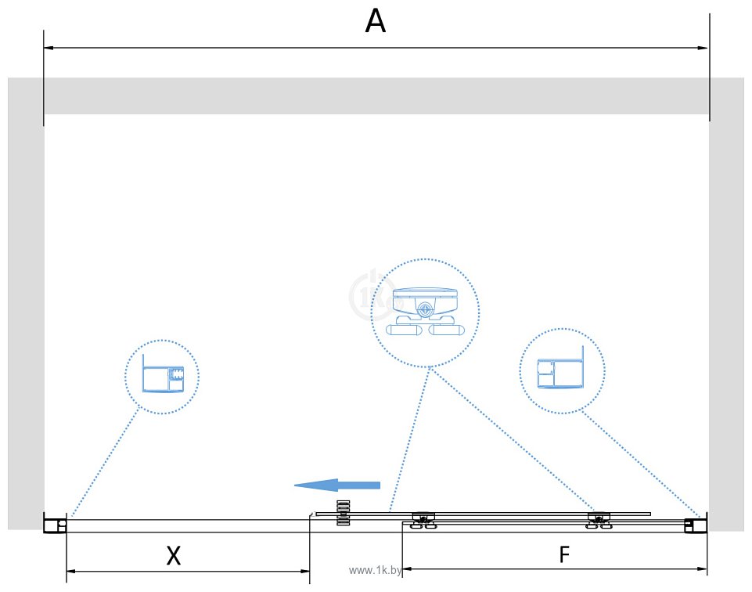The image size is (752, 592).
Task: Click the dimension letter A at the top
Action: pyautogui.click(x=376, y=21)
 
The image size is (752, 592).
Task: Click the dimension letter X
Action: pyautogui.click(x=174, y=556)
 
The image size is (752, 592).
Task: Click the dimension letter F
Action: pyautogui.click(x=563, y=555)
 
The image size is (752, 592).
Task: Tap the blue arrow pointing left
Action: pyautogui.click(x=336, y=486)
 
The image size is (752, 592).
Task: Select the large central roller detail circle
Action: pyautogui.click(x=424, y=313)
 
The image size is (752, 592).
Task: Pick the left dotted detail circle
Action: pyautogui.click(x=162, y=377)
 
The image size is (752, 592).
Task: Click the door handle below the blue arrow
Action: pyautogui.click(x=343, y=513)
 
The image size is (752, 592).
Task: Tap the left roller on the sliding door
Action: pyautogui.click(x=423, y=520)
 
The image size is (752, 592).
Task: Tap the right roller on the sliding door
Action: pyautogui.click(x=599, y=520)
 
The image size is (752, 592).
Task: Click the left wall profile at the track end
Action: pyautogui.click(x=55, y=523)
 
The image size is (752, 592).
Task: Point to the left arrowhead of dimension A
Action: pyautogui.click(x=49, y=49)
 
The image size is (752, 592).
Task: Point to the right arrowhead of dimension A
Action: pyautogui.click(x=703, y=49)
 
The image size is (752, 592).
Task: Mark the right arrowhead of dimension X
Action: pyautogui.click(x=305, y=572)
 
